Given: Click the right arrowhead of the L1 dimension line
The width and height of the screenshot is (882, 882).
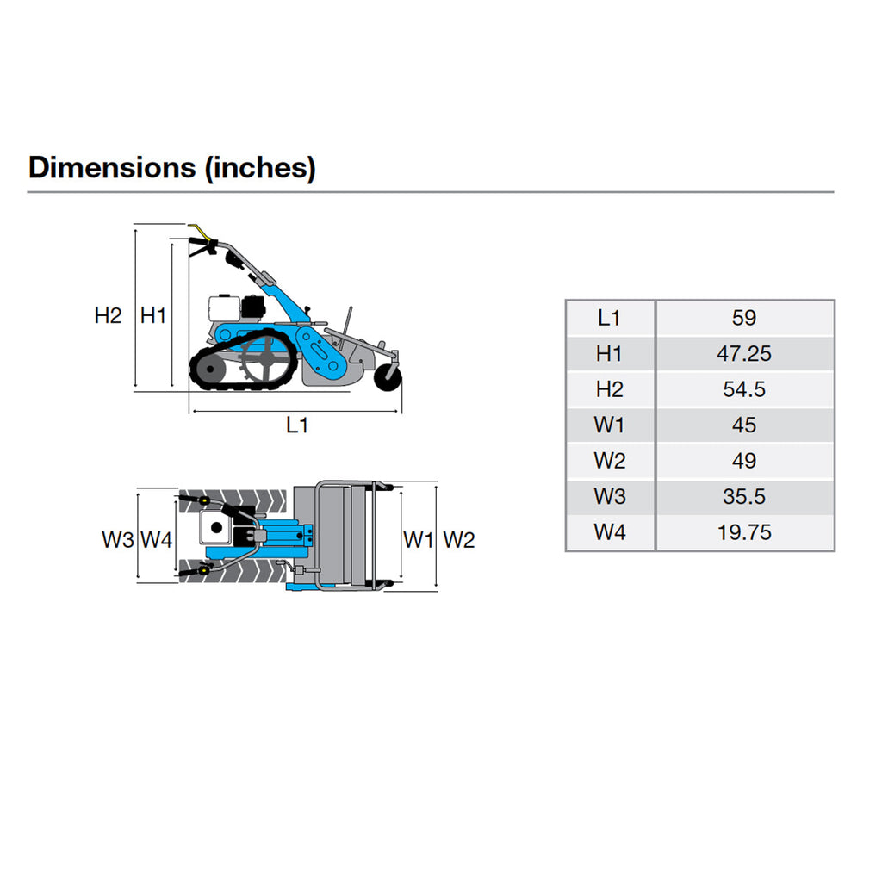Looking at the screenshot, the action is click(x=398, y=411).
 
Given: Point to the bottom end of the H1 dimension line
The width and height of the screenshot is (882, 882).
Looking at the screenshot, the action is click(x=172, y=387).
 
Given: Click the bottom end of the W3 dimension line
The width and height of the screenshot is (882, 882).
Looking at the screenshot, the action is click(x=138, y=578).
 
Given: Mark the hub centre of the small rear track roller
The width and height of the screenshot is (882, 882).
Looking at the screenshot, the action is click(x=210, y=370).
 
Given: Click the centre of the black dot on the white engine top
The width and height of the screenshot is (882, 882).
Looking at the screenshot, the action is click(x=216, y=528).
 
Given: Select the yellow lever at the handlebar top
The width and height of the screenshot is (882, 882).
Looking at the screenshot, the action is click(x=200, y=231).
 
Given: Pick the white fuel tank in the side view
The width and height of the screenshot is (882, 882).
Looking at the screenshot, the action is click(x=224, y=307).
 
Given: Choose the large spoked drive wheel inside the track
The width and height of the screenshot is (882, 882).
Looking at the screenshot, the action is click(x=264, y=359).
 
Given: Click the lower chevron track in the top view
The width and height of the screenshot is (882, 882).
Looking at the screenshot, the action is click(x=233, y=571).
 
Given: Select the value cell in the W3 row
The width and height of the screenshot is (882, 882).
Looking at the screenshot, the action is click(x=745, y=497).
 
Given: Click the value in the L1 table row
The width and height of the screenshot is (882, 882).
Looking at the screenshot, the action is click(x=744, y=318).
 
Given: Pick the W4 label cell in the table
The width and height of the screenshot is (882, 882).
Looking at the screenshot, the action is click(x=611, y=532).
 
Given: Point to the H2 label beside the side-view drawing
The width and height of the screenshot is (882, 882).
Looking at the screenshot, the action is click(x=108, y=315).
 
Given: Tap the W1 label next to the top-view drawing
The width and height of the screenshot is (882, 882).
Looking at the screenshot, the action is click(x=418, y=540).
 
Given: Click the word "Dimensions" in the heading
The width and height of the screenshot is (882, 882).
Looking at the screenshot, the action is click(x=113, y=168).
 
